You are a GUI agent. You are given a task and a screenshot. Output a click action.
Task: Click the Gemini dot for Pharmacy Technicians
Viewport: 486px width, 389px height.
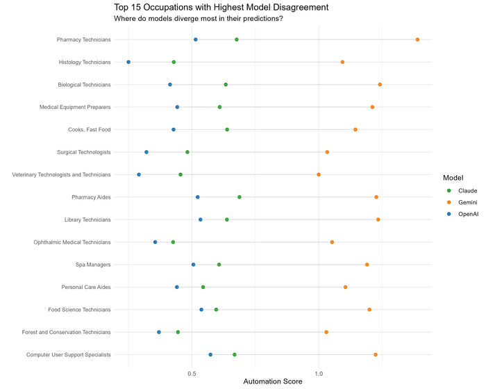(x=417, y=40)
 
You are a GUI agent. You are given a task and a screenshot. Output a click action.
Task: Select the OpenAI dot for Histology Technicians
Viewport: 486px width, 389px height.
(x=128, y=62)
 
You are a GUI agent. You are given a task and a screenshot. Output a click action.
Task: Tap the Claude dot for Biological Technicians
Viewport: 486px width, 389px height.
(x=226, y=85)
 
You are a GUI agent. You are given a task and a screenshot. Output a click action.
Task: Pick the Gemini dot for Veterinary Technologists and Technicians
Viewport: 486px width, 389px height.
(x=319, y=174)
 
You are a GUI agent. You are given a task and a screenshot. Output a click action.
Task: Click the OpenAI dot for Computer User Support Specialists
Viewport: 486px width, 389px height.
(x=210, y=355)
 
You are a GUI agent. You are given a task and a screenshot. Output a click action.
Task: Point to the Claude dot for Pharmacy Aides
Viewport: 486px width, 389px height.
(x=240, y=197)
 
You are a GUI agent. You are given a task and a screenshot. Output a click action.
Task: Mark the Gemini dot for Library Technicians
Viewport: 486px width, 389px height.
(x=378, y=220)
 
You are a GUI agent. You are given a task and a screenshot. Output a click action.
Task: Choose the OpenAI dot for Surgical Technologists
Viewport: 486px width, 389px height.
(x=146, y=152)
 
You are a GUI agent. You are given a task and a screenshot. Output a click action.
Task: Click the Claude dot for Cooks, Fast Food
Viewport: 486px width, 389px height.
(x=227, y=130)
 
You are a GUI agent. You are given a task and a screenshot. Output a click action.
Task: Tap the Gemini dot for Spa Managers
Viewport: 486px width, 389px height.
(x=367, y=265)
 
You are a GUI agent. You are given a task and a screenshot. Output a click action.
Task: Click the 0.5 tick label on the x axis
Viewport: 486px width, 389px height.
(x=192, y=373)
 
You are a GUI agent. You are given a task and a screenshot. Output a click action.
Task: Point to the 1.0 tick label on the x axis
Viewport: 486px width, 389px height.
(x=319, y=373)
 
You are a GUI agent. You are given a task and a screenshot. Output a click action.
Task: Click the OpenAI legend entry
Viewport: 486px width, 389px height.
(x=468, y=214)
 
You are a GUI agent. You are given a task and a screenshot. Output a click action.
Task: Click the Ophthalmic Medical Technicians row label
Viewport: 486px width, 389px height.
(x=72, y=242)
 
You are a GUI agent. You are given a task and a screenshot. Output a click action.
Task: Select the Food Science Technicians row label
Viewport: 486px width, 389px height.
(x=78, y=310)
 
